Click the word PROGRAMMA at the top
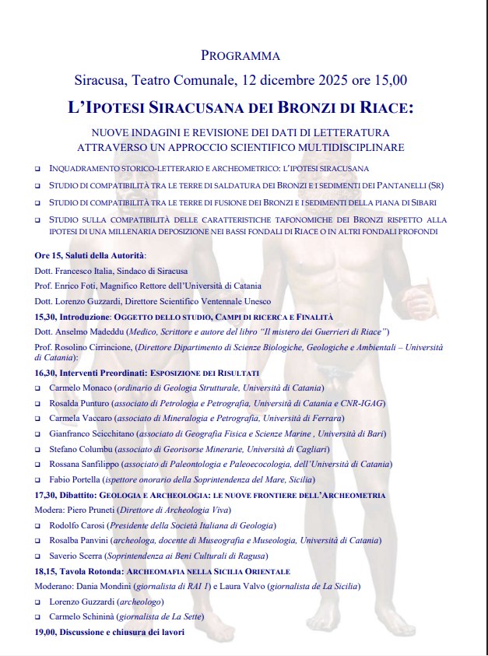[240, 55]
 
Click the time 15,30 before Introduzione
[46, 317]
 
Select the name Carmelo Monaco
[80, 387]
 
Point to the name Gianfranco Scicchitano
[92, 433]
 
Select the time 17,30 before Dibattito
[46, 495]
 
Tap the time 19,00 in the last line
[46, 632]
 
